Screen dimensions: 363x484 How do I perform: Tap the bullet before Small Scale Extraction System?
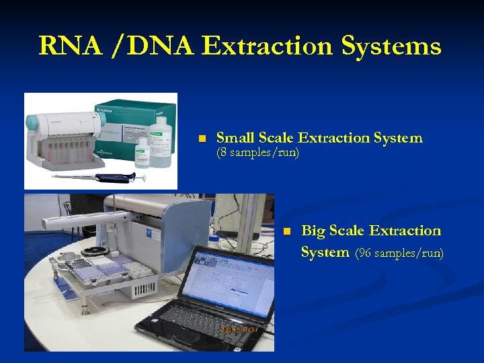point(200,139)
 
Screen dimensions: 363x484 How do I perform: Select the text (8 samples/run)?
point(257,153)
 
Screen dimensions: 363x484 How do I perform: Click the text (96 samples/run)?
point(399,253)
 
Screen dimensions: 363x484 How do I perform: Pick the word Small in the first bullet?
point(235,138)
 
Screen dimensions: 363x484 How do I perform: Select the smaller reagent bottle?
point(143,153)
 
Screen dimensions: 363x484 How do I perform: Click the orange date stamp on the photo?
point(236,329)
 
